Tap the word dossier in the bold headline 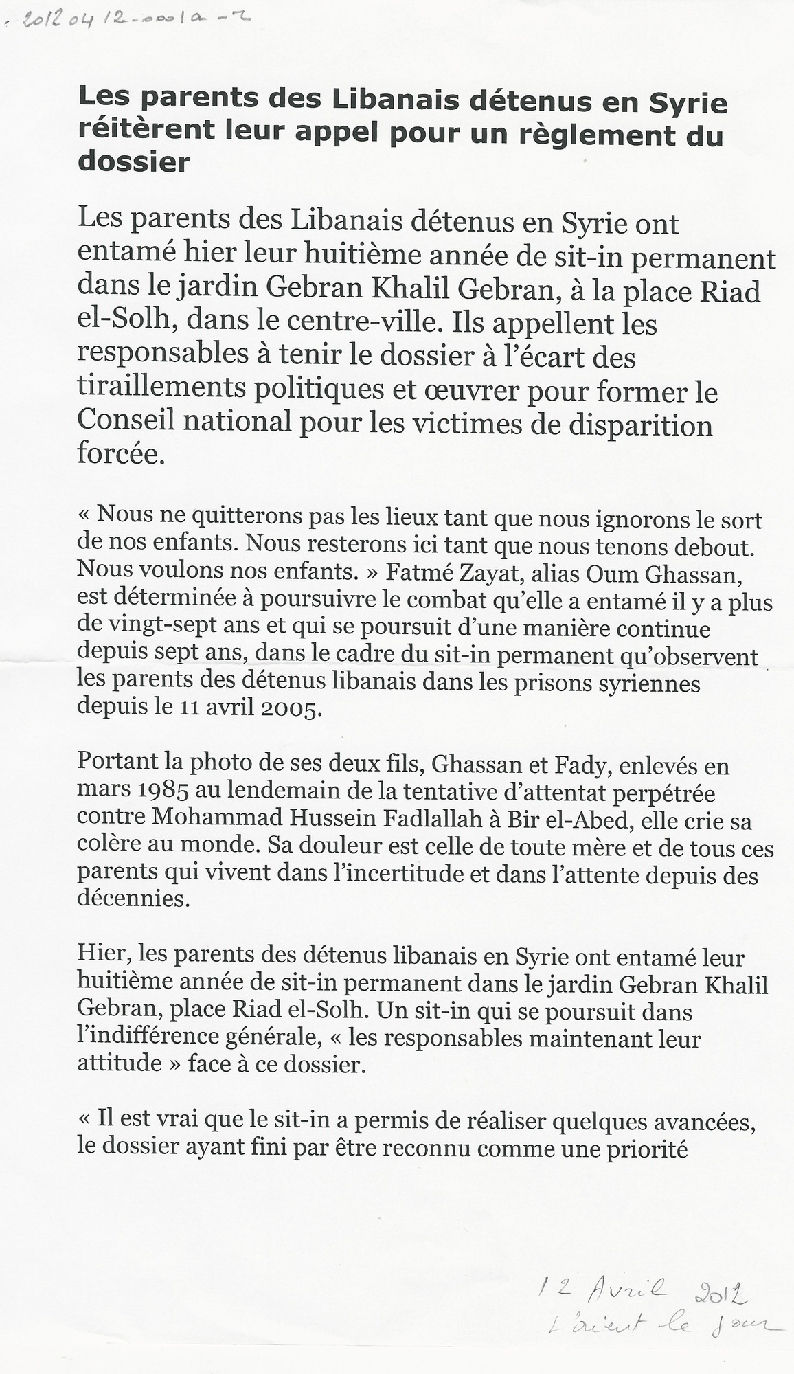coord(134,162)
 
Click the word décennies coord(133,899)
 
